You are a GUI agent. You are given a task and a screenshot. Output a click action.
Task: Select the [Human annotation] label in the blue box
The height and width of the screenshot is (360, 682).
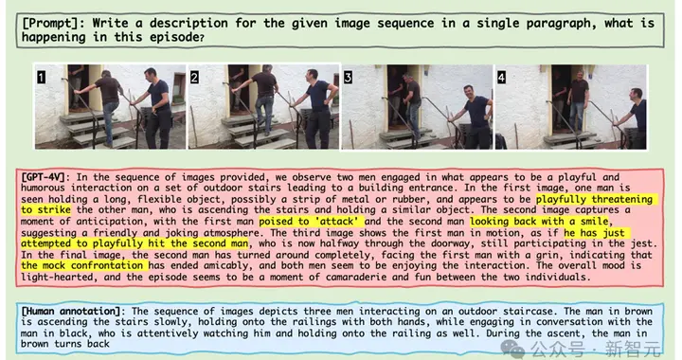[71, 311]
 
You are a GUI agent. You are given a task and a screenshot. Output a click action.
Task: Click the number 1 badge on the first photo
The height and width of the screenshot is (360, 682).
[41, 78]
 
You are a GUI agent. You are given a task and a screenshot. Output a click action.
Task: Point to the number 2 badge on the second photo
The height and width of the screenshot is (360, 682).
[194, 78]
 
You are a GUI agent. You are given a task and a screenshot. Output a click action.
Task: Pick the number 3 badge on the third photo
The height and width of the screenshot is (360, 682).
[348, 78]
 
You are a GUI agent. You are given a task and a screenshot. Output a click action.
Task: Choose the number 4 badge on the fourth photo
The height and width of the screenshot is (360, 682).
[501, 78]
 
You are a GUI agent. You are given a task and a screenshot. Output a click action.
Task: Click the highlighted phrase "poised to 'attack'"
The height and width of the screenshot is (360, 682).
[311, 222]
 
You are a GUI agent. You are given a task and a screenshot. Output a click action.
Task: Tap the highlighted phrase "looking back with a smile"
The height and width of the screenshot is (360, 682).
[539, 222]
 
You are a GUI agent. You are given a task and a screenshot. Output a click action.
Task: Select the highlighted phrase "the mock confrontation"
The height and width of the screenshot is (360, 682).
[82, 265]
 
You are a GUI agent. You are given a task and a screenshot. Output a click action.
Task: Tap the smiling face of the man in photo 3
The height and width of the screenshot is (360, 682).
[469, 93]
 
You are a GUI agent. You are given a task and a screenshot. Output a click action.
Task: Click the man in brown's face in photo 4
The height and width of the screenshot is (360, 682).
[579, 76]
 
